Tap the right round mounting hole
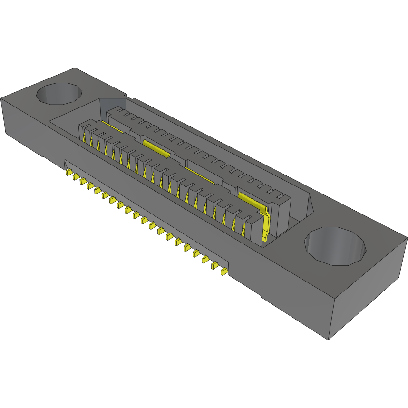pos(335,246)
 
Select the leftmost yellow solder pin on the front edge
pos(68,171)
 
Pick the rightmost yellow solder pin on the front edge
pos(224,272)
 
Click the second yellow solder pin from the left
pos(76,176)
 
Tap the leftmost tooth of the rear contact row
pos(112,114)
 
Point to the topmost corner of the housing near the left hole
pos(75,68)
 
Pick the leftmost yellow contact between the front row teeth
pos(85,138)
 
